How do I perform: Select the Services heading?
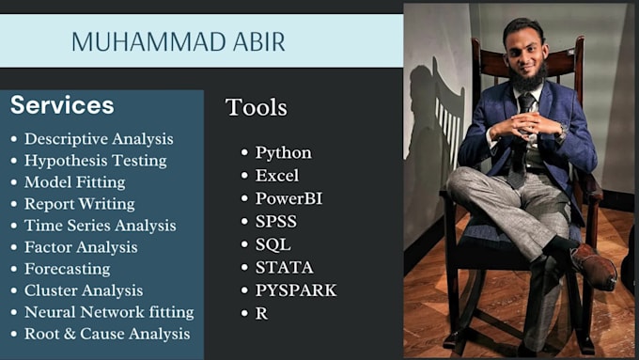pyautogui.click(x=62, y=105)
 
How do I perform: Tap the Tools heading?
pyautogui.click(x=256, y=107)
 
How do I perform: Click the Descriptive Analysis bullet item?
pyautogui.click(x=99, y=138)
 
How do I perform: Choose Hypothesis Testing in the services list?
pyautogui.click(x=95, y=161)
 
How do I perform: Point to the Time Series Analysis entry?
pyautogui.click(x=100, y=226)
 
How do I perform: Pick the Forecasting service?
pyautogui.click(x=68, y=269)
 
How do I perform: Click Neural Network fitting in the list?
pyautogui.click(x=109, y=312)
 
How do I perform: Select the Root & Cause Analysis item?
pyautogui.click(x=107, y=334)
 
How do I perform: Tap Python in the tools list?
pyautogui.click(x=283, y=152)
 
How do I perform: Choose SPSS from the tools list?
pyautogui.click(x=274, y=222)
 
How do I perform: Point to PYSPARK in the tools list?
pyautogui.click(x=295, y=290)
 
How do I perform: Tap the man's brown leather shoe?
pyautogui.click(x=594, y=267)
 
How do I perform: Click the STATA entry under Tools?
pyautogui.click(x=284, y=268)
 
